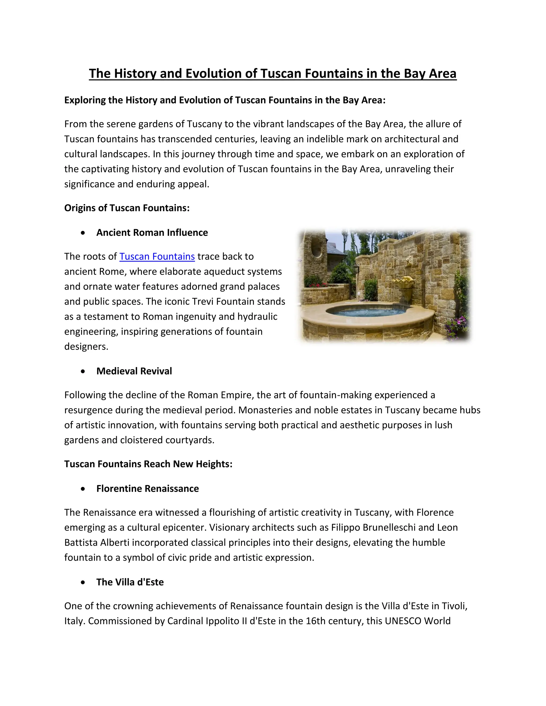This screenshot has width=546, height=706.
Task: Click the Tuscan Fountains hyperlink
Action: [157, 256]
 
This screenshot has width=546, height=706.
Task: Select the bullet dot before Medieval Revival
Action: [83, 371]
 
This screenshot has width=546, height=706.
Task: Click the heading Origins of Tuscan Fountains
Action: [127, 208]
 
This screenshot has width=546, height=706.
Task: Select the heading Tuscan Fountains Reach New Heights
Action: [148, 464]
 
